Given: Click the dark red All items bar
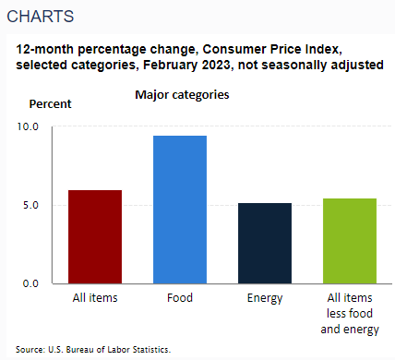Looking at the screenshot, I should point(95,236).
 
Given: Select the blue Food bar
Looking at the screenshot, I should point(180,210).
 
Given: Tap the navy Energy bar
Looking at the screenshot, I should point(264,243).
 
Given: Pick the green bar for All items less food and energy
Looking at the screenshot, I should point(348,240).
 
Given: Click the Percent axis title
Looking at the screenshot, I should point(50,103).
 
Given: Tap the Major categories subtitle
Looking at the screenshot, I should point(182,94).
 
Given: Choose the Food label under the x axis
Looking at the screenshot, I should point(180,298).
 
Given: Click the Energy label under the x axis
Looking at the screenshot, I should point(264,298).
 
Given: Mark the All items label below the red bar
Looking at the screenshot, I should point(95,298).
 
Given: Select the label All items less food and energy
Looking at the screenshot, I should point(348,314).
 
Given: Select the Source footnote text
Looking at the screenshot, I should point(93,349).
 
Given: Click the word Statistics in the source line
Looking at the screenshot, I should point(151,349).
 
